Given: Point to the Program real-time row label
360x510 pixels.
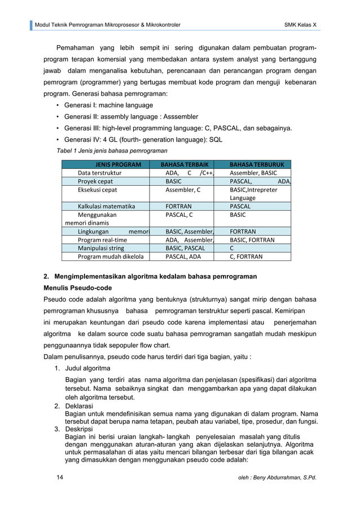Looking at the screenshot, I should click(102, 240).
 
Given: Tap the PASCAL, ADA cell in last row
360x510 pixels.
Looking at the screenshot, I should click(182, 256).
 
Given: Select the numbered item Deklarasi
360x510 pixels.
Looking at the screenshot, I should click(82, 406).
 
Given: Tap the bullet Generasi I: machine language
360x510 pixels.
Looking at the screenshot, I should click(108, 105).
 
